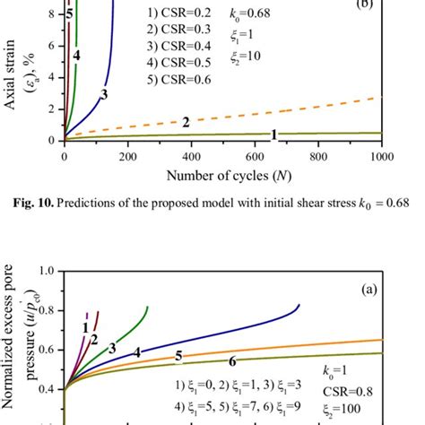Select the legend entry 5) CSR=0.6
(178, 80)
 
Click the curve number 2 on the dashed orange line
(186, 122)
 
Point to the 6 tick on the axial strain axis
(53, 46)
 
